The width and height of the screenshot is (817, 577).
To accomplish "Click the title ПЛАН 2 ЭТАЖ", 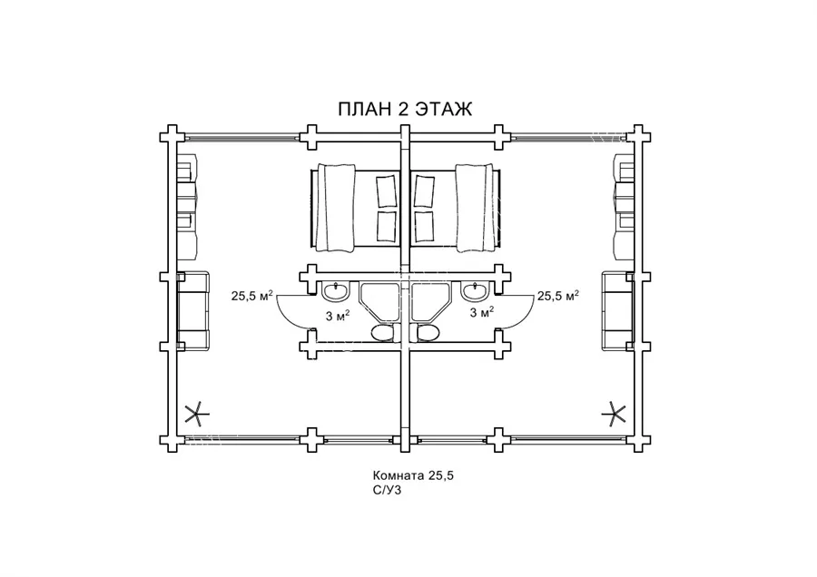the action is (405, 110).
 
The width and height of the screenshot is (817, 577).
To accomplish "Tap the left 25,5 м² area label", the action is (252, 296).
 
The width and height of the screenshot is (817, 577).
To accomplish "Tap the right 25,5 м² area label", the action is (558, 296).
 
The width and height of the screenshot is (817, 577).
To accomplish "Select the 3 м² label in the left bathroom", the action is (337, 315).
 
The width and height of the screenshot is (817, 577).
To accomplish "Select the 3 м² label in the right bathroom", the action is (482, 312).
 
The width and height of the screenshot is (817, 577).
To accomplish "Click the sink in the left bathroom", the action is (335, 291).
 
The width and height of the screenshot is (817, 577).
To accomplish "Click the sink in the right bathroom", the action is (475, 291).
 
